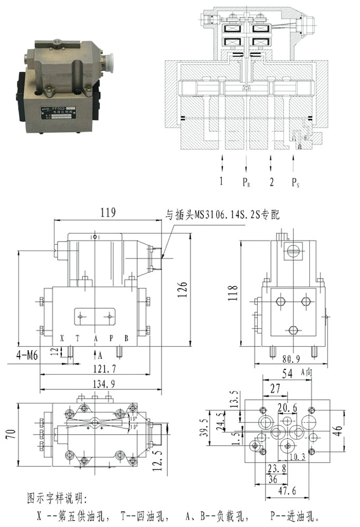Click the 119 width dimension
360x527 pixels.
click(x=107, y=213)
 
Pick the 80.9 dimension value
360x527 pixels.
click(x=290, y=359)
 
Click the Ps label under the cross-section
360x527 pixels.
click(x=297, y=183)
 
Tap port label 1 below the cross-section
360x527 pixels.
click(x=222, y=182)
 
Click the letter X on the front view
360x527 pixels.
click(x=62, y=338)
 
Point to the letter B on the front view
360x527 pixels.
click(x=126, y=338)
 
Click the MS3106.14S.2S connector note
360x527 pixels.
click(x=222, y=215)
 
